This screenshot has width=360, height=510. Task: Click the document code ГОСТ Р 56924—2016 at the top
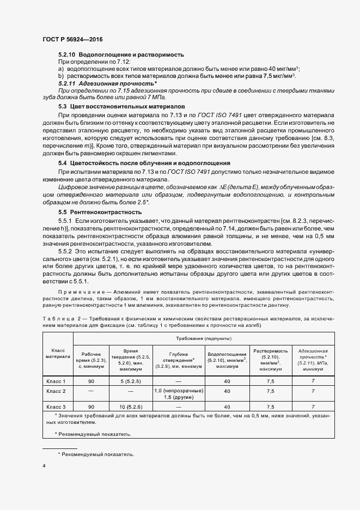pos(72,40)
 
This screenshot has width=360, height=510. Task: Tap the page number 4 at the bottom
pos(44,466)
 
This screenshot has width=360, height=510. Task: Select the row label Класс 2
pos(57,391)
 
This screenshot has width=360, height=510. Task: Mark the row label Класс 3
pos(57,406)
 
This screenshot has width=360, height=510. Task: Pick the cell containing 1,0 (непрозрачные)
pos(178,391)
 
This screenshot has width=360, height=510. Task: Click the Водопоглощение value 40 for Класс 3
pos(227,406)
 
